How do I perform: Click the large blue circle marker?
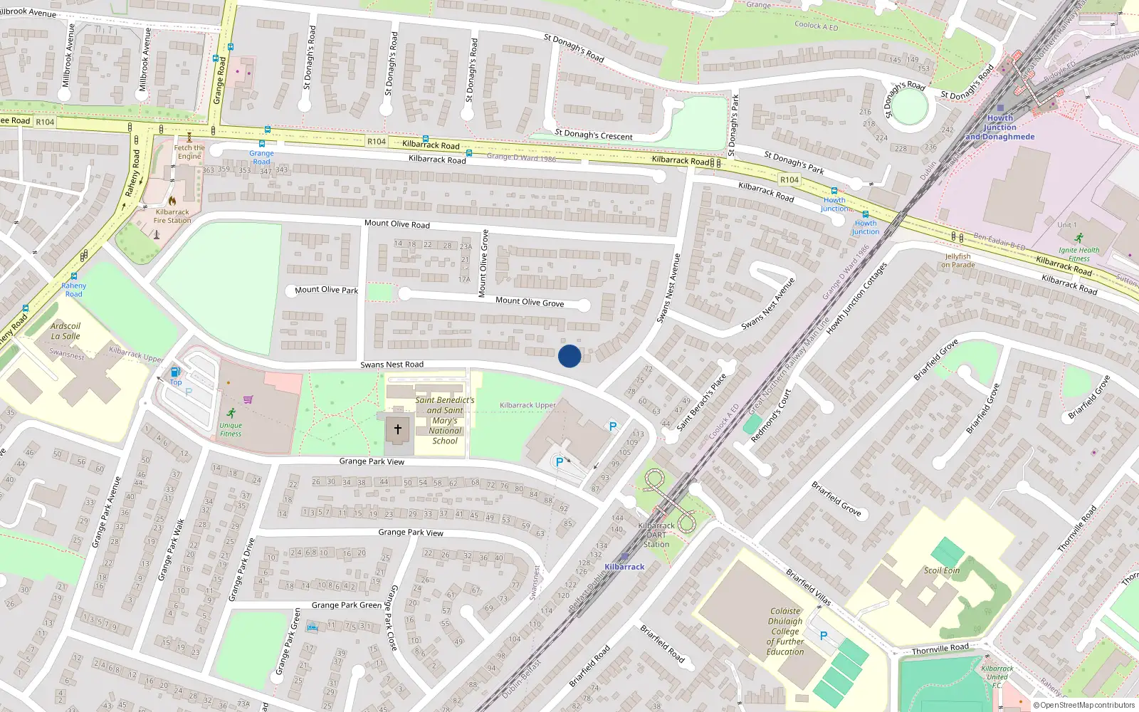(x=569, y=356)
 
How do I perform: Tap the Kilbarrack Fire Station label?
(x=172, y=216)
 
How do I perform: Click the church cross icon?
(x=398, y=429)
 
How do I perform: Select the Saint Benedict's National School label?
(x=445, y=420)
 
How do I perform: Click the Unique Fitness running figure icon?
(x=231, y=413)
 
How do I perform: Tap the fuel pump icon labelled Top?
(x=175, y=372)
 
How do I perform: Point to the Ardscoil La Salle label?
(x=65, y=331)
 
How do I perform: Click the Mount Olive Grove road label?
(x=530, y=302)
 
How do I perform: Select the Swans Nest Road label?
(x=392, y=365)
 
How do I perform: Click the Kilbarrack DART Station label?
(x=656, y=535)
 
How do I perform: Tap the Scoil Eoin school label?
(x=941, y=570)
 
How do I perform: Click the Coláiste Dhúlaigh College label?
(x=785, y=631)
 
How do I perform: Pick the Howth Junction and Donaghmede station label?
(x=999, y=127)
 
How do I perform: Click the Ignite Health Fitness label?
(x=1078, y=253)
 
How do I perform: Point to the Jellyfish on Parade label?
(x=957, y=261)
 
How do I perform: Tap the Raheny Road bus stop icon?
(x=74, y=276)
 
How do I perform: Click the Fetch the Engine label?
(x=189, y=152)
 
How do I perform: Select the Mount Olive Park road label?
(x=326, y=290)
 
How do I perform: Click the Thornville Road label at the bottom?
(x=940, y=649)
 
